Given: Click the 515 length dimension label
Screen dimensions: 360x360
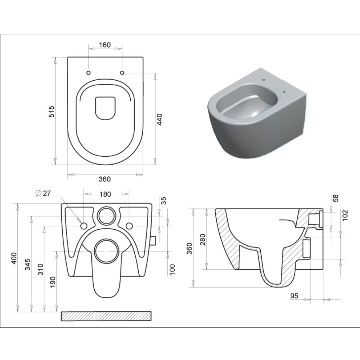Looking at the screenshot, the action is [x=52, y=111].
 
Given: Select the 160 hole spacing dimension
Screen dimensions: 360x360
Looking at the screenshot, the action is [x=105, y=45].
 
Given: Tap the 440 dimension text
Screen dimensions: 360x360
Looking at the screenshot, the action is [x=159, y=119].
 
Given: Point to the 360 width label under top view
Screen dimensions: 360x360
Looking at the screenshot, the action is [x=105, y=179].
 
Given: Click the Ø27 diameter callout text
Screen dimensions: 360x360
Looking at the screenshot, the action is [x=43, y=193].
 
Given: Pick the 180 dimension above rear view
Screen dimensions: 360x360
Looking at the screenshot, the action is [x=105, y=194].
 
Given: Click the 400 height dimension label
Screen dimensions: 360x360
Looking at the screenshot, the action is [x=14, y=258].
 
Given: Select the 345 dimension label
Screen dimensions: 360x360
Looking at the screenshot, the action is [x=28, y=265].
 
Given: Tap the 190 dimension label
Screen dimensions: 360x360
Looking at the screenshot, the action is [x=53, y=282].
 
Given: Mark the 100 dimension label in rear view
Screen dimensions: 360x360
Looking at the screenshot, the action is [x=172, y=270].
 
